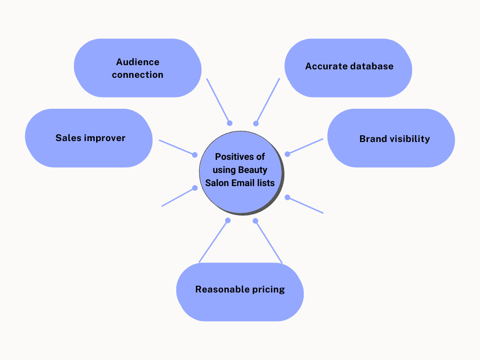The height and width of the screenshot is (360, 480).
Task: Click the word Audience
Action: pos(138,62)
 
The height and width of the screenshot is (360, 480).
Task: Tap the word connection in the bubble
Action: pos(138,75)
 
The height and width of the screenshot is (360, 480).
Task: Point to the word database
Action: pos(371,66)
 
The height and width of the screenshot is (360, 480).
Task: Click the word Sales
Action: pos(68,138)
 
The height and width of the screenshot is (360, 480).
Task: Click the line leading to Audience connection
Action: pos(218,100)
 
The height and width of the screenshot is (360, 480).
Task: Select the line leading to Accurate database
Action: pos(268,100)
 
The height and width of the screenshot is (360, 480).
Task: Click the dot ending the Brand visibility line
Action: pos(287,154)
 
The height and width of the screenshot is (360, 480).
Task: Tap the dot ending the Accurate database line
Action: pos(256,123)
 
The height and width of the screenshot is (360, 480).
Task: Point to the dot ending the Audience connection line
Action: pos(230,123)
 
